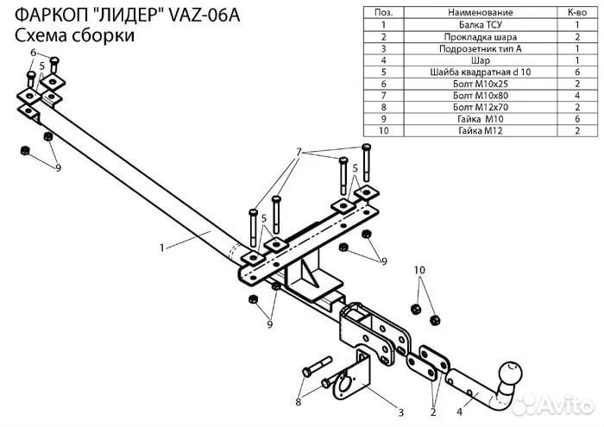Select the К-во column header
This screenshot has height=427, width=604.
pyautogui.click(x=574, y=14)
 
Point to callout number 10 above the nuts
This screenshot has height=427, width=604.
pyautogui.click(x=420, y=271)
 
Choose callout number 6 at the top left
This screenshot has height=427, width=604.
pyautogui.click(x=33, y=53)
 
